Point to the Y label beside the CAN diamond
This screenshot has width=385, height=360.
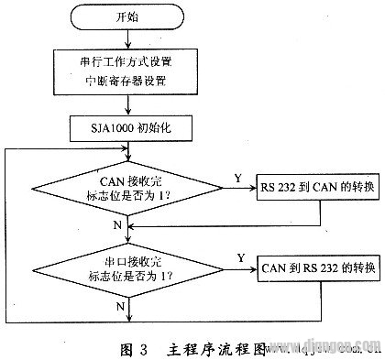point(237,178)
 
